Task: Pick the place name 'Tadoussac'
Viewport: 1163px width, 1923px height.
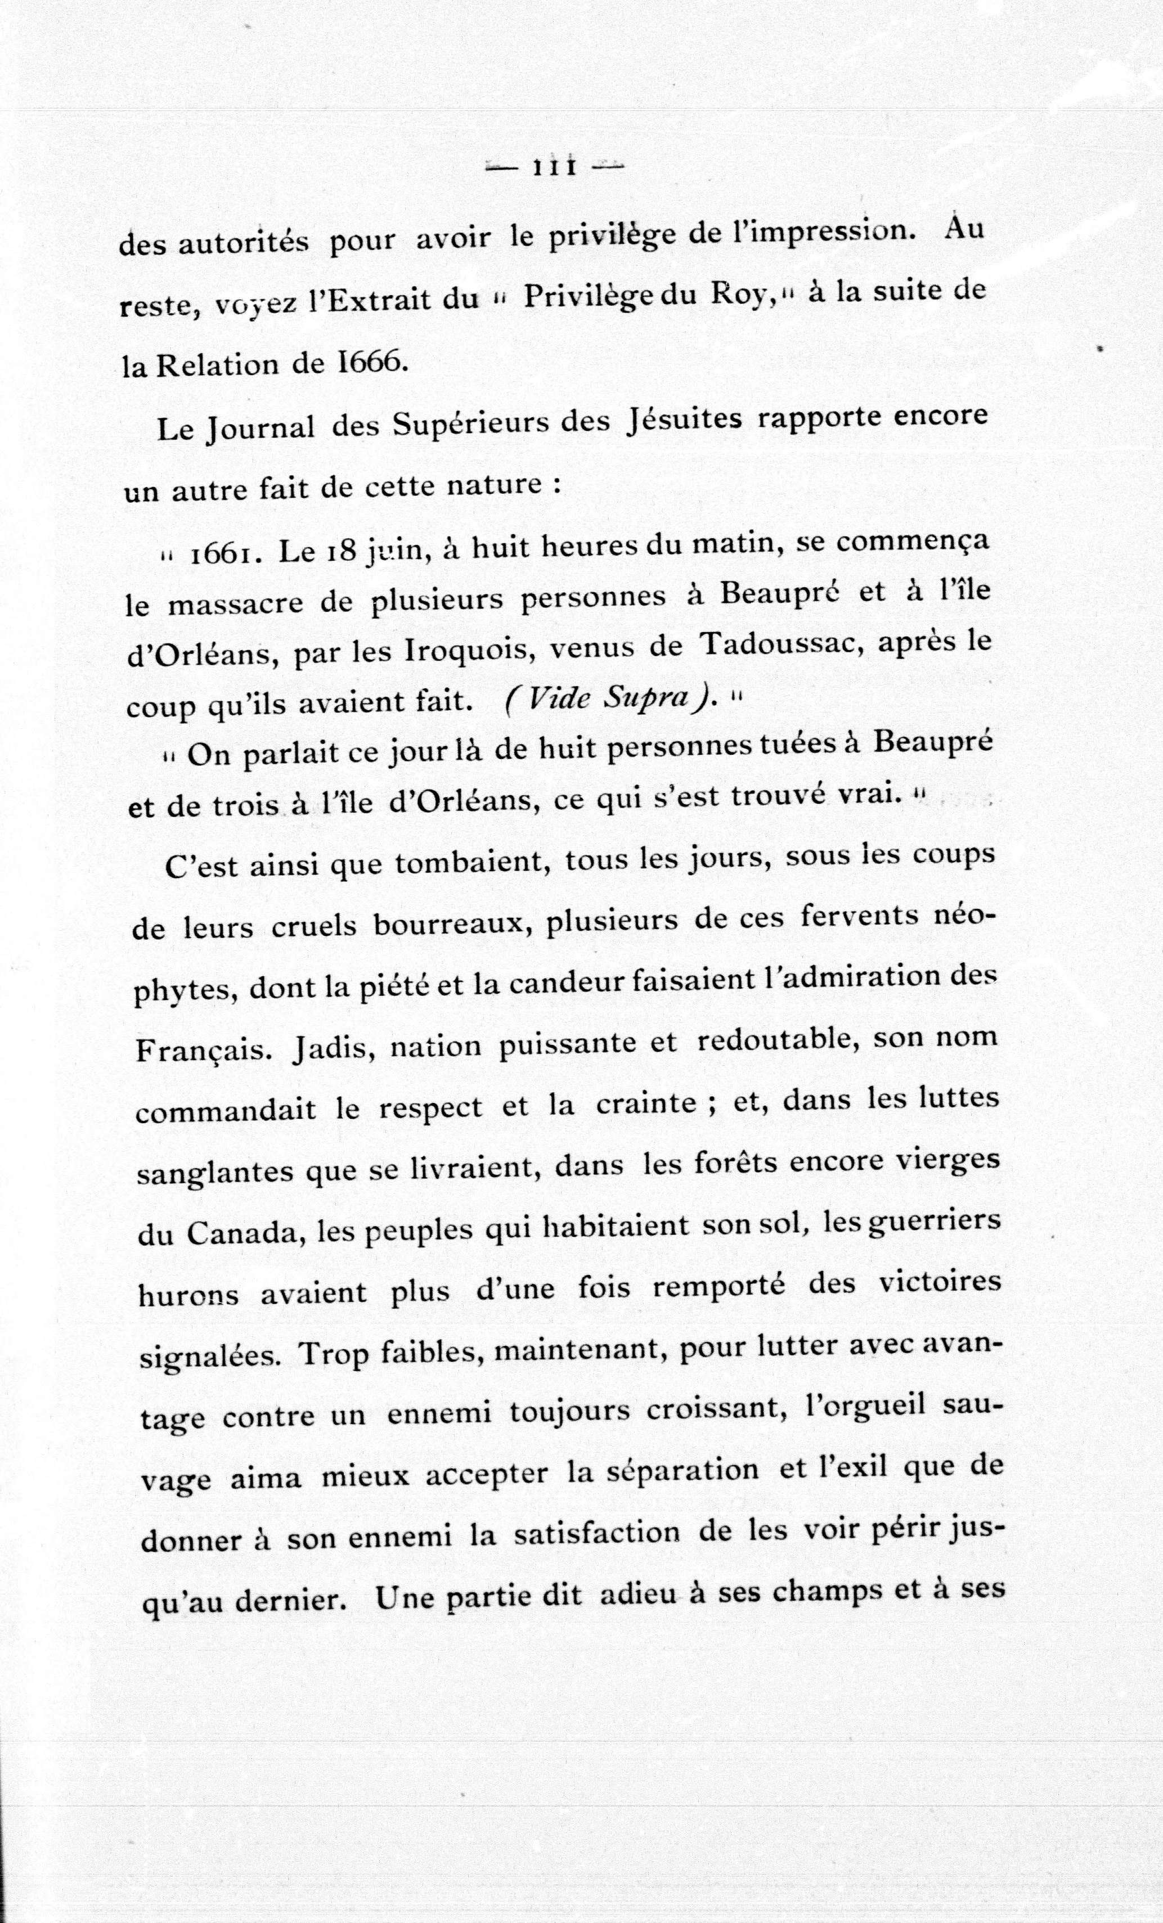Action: pyautogui.click(x=780, y=644)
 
